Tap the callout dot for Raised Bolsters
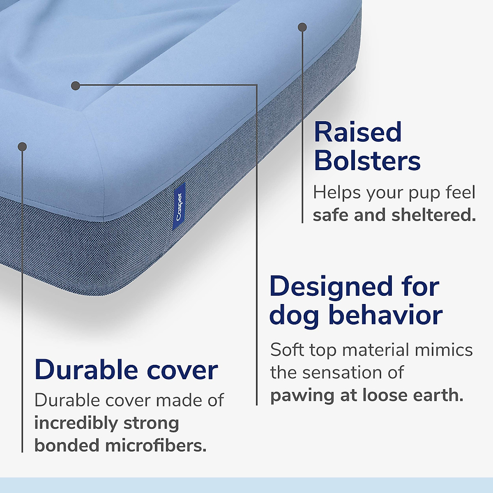coord(302,28)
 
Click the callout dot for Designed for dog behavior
coord(75,85)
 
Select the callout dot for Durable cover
coord(23,147)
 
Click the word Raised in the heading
coord(357,132)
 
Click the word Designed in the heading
coord(331,286)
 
